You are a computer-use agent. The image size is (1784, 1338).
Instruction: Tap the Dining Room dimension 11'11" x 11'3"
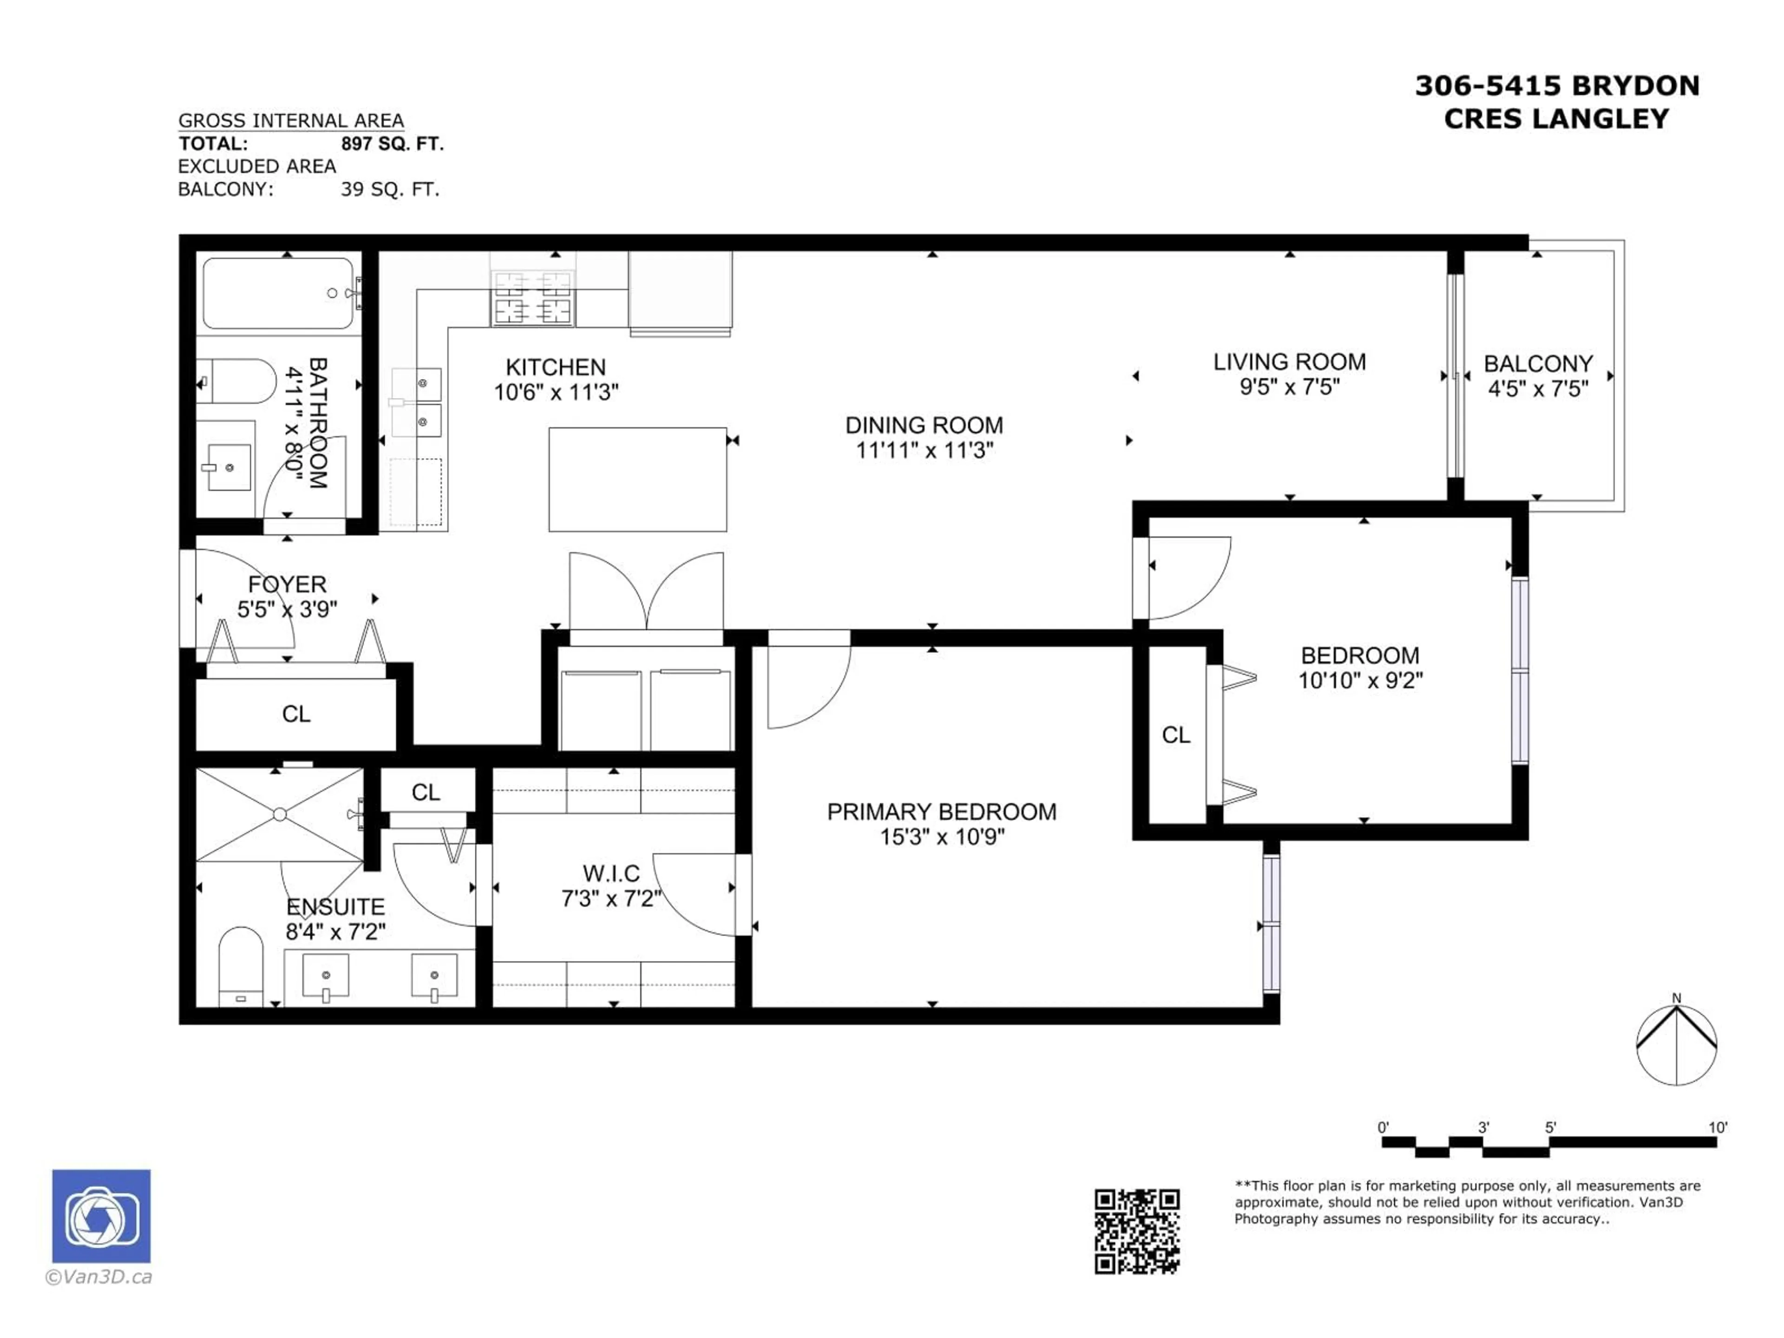(x=924, y=450)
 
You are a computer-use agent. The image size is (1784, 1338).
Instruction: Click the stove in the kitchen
(x=532, y=297)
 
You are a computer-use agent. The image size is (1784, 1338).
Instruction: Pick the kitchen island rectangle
(x=637, y=479)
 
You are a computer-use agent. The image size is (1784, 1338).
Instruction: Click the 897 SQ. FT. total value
(x=392, y=144)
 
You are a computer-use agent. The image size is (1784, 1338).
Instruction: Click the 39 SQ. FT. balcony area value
(x=389, y=190)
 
